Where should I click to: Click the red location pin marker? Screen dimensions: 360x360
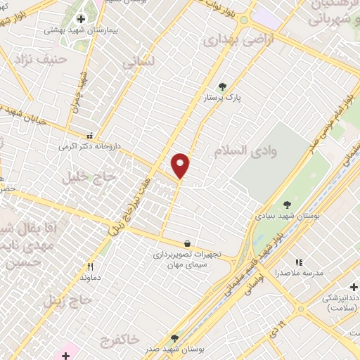(x=181, y=165)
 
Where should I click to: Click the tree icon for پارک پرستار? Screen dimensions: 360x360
(x=223, y=86)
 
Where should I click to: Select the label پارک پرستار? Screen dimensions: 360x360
(x=223, y=99)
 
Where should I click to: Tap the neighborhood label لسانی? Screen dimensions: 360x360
(x=138, y=63)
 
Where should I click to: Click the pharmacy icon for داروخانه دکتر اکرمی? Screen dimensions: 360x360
(x=89, y=135)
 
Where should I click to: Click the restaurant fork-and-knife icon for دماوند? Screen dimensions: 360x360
(x=90, y=266)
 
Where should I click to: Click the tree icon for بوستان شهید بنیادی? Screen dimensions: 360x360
(x=286, y=205)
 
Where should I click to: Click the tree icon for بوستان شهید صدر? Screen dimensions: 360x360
(x=174, y=338)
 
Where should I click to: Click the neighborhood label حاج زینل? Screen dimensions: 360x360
(x=68, y=300)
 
